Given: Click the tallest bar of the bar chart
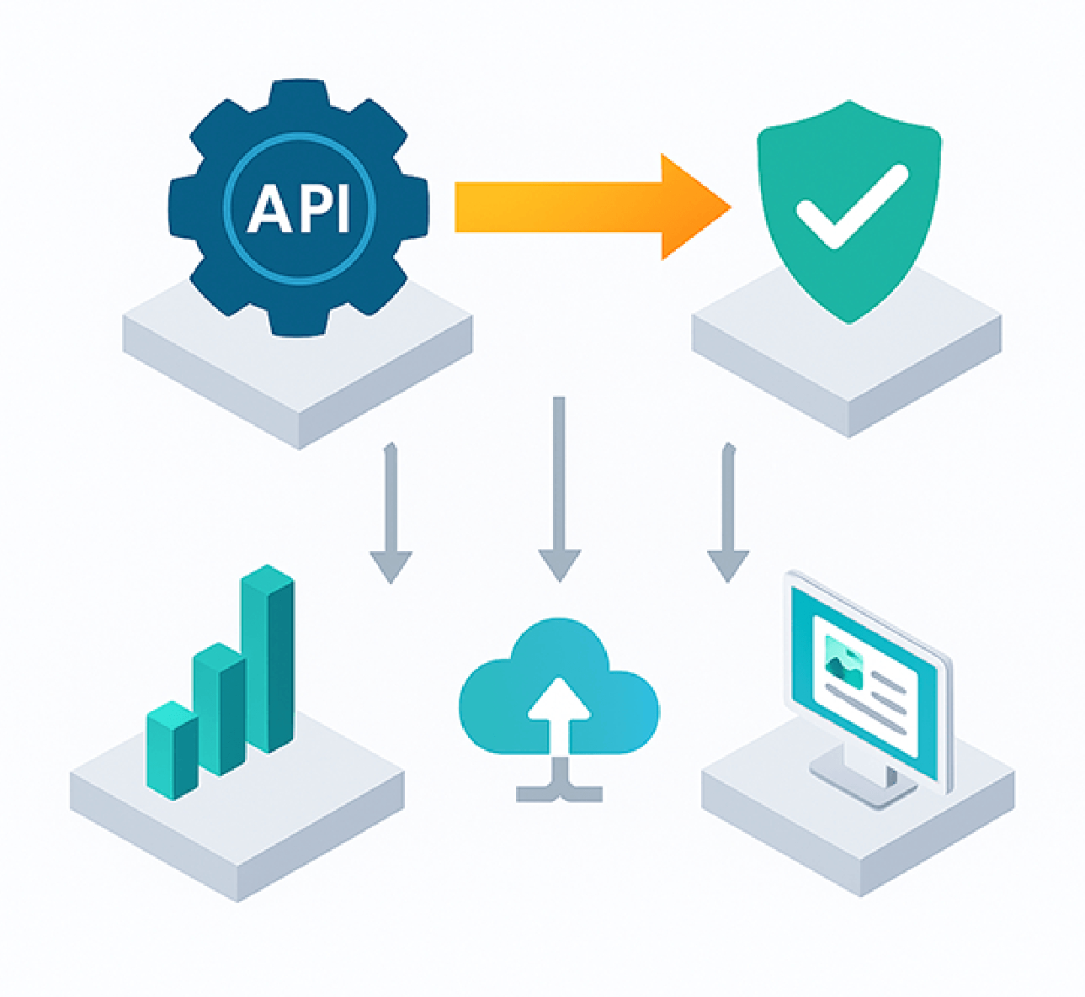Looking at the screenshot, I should pyautogui.click(x=268, y=660).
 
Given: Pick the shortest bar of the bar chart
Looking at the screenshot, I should pyautogui.click(x=172, y=749).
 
